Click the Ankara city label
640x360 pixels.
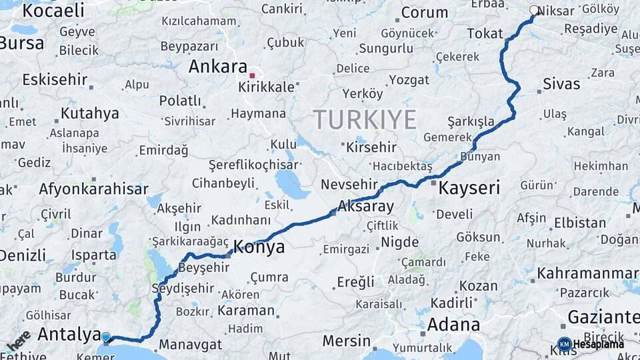pos(218,67)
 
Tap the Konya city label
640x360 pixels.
pos(258,247)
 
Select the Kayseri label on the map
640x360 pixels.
pos(469,188)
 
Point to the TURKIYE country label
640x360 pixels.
pos(365,120)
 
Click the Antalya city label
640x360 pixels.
pos(69,334)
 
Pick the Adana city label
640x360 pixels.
pos(453,325)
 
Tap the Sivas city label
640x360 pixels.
pos(561,84)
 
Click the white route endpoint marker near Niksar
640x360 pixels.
pos(534,11)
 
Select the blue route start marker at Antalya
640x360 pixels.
pos(105,337)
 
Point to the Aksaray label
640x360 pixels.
pos(366,206)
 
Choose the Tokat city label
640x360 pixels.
pos(485,33)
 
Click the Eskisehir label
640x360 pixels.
pos(55,80)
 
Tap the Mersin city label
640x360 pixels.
pos(346,341)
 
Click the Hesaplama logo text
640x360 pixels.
pos(598,344)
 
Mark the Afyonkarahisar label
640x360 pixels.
pos(93,189)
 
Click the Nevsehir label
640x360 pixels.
pos(349,184)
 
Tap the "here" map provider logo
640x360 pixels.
pos(18,340)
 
